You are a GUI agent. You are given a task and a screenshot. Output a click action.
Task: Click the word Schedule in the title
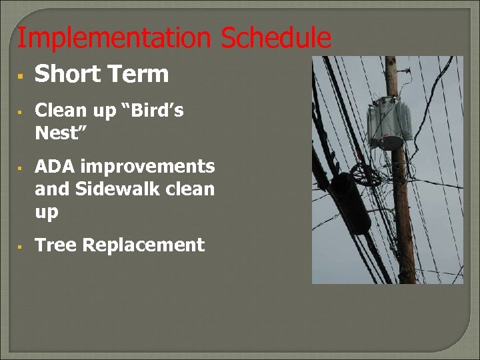pyautogui.click(x=275, y=38)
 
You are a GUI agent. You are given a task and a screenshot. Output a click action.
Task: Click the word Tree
pyautogui.click(x=56, y=245)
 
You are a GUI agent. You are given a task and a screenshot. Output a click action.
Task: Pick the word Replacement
pyautogui.click(x=143, y=245)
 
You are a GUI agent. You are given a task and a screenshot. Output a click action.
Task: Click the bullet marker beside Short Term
pyautogui.click(x=21, y=77)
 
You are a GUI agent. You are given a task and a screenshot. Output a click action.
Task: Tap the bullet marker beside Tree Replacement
pyautogui.click(x=21, y=247)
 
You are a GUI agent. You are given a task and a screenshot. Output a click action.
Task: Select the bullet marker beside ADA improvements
pyautogui.click(x=21, y=168)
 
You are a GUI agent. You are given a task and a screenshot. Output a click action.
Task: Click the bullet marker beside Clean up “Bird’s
pyautogui.click(x=21, y=112)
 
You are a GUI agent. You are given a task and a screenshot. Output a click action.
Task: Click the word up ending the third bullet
pyautogui.click(x=47, y=213)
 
